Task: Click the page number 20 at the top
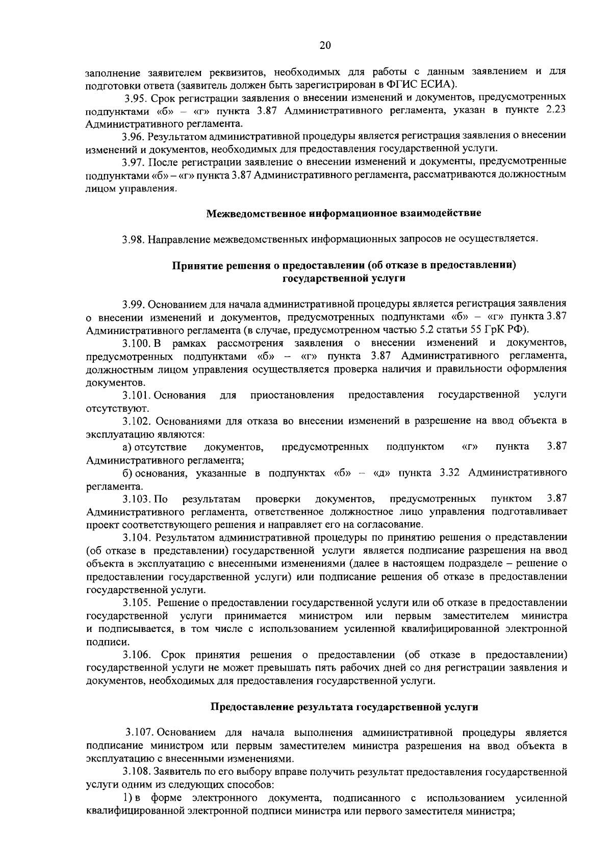pos(325,45)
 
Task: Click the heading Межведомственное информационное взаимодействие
pos(344,213)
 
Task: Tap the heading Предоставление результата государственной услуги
pos(345,707)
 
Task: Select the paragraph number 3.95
pos(136,97)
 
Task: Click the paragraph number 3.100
pos(137,342)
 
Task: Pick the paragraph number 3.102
pos(136,421)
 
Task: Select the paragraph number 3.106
pos(136,655)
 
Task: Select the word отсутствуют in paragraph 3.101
pos(111,409)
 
